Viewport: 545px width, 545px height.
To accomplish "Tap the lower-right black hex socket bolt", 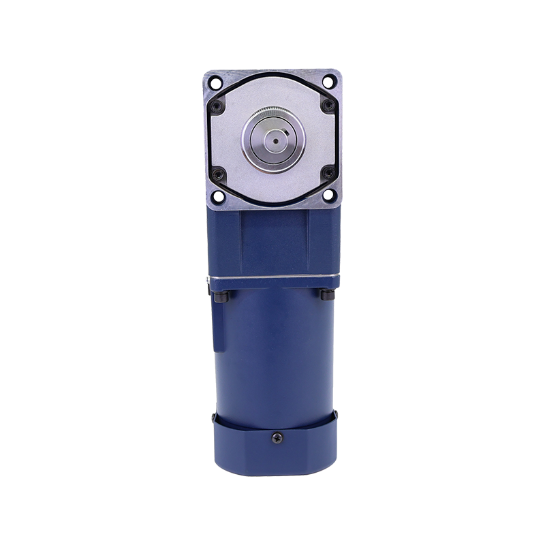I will (330, 172).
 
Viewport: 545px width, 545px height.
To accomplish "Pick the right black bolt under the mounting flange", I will (325, 297).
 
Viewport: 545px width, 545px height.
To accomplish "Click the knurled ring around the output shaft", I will (272, 116).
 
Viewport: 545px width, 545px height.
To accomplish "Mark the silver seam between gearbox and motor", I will (272, 281).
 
